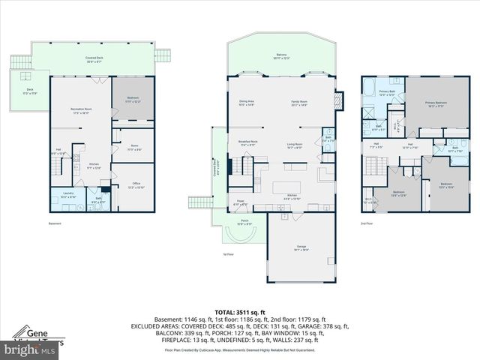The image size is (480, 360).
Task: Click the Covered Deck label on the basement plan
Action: click(x=94, y=58)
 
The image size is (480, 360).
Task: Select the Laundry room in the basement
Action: click(x=67, y=197)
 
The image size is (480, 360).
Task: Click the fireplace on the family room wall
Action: click(x=339, y=99)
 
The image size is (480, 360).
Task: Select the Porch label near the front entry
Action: click(x=244, y=221)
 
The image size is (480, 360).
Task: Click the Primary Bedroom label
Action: click(x=435, y=103)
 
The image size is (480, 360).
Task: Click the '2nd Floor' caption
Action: click(x=367, y=223)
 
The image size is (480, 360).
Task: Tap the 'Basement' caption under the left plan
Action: click(x=55, y=223)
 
